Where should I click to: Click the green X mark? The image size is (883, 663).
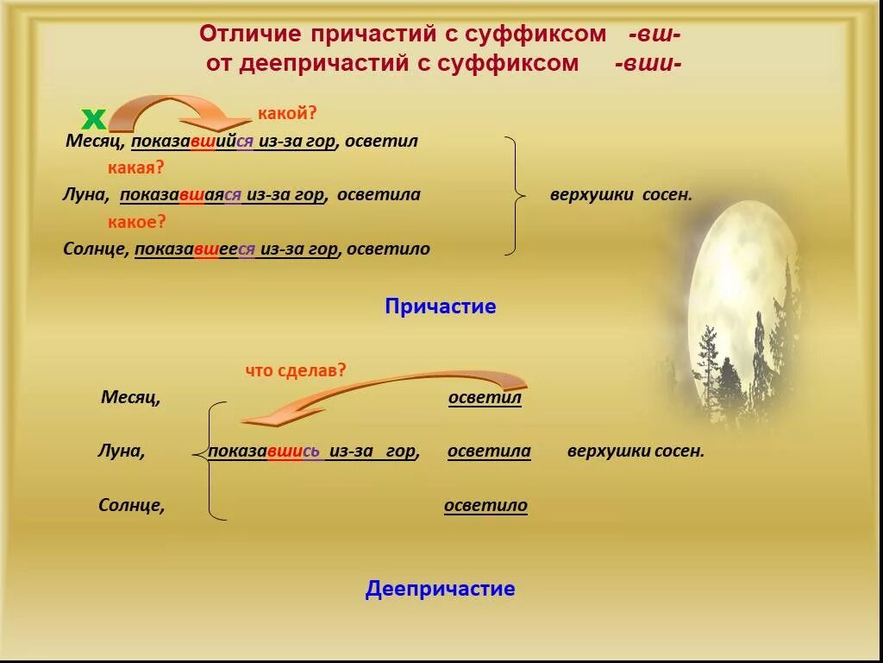coord(92,119)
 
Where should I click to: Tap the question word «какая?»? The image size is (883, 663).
coord(135,167)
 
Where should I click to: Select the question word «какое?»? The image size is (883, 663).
coord(136,222)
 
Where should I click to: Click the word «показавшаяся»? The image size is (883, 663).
coord(181,195)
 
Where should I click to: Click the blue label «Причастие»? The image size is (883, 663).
coord(441,306)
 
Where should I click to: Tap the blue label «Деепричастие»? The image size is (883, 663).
coord(440,590)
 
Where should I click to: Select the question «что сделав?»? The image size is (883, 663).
coord(296,370)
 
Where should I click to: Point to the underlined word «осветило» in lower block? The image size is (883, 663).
coord(485,506)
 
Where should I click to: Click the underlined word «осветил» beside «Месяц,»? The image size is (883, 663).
coord(485,398)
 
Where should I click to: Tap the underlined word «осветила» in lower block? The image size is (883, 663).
coord(489,451)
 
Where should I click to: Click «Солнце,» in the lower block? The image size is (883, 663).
coord(131,506)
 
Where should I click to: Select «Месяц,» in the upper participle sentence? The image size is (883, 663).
coord(96,142)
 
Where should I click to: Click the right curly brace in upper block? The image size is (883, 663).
coord(515,196)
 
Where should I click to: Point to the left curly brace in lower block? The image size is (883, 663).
coord(210,461)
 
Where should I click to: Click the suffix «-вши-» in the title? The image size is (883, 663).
coord(648,63)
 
